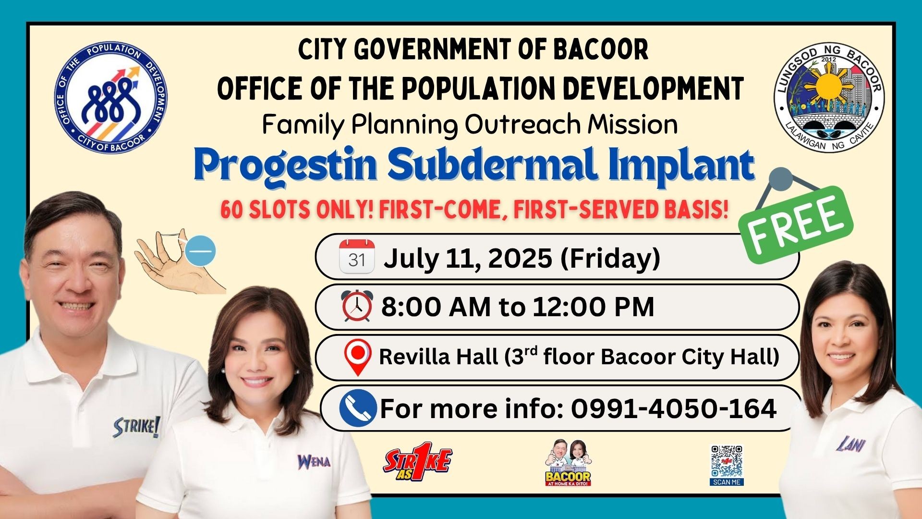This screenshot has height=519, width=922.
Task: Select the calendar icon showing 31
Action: (357, 257)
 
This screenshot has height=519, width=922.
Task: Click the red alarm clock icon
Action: (357, 306)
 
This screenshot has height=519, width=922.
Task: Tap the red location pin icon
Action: (358, 357)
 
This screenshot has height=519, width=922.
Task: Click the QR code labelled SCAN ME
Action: (727, 465)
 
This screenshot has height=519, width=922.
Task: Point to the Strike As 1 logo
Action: (418, 462)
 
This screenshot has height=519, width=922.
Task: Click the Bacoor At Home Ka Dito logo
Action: (568, 462)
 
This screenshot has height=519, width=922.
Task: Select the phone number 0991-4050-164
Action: (673, 408)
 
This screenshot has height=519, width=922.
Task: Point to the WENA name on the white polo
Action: (314, 462)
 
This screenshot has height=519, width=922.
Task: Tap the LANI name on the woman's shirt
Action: (851, 444)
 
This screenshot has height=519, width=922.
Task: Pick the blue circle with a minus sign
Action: (201, 251)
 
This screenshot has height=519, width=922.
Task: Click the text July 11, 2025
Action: (468, 259)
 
